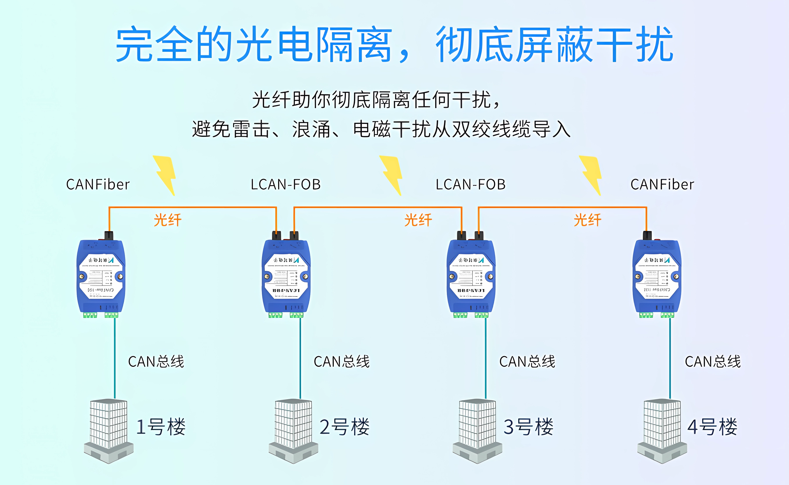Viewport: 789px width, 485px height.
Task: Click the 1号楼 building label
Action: pyautogui.click(x=161, y=427)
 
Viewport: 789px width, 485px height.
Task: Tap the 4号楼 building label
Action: pyautogui.click(x=712, y=427)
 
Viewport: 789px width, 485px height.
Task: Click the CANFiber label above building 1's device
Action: pyautogui.click(x=98, y=184)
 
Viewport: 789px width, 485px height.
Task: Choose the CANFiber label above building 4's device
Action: pyautogui.click(x=662, y=184)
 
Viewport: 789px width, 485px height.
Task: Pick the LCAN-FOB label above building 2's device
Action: pyautogui.click(x=286, y=184)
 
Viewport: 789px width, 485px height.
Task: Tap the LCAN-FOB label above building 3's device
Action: pyautogui.click(x=470, y=184)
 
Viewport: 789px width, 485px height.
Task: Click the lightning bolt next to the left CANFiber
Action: pyautogui.click(x=165, y=175)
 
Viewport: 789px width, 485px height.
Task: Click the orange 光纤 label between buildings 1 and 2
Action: pyautogui.click(x=167, y=220)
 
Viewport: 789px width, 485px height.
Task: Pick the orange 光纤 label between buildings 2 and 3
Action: pyautogui.click(x=418, y=220)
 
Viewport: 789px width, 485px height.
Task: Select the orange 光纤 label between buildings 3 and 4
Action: pyautogui.click(x=587, y=220)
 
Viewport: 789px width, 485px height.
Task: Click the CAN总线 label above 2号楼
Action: pyautogui.click(x=341, y=362)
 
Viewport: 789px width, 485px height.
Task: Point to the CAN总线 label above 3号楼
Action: pyautogui.click(x=527, y=362)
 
